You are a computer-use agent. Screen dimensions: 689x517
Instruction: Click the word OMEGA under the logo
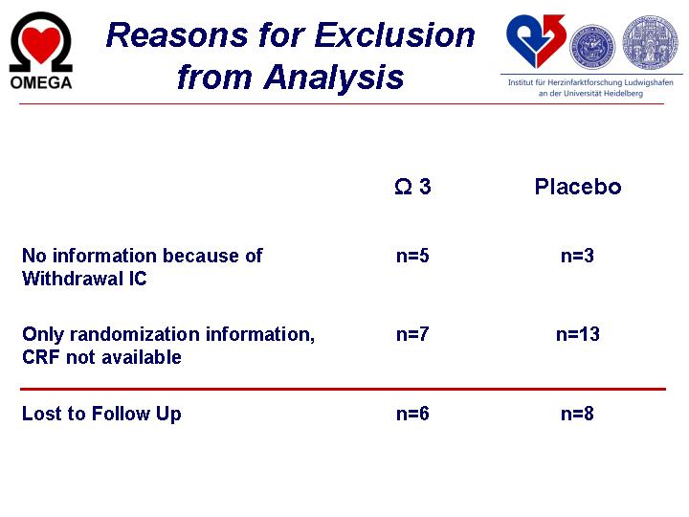41,82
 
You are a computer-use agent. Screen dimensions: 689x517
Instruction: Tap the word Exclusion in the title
394,35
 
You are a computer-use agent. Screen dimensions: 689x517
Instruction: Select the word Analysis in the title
334,78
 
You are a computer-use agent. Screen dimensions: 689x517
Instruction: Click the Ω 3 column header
412,187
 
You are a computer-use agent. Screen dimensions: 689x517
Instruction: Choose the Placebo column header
578,187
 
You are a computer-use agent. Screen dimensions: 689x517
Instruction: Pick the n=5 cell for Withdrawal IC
412,256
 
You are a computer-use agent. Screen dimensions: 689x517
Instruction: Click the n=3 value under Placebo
577,256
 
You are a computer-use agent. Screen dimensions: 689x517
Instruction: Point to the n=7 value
412,334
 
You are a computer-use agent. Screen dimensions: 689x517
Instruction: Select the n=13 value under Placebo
578,334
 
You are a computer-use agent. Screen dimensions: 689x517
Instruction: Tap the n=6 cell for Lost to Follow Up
412,414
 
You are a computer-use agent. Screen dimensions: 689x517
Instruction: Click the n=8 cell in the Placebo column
577,414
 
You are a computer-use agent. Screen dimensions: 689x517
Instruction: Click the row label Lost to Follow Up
101,415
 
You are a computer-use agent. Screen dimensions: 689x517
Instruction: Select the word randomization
136,334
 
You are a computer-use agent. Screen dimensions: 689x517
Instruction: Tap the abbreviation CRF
41,357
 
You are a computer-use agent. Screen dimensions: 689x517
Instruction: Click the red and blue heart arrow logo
535,41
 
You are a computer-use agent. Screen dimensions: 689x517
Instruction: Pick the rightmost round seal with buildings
650,42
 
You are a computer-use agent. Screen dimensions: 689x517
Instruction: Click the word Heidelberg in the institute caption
623,93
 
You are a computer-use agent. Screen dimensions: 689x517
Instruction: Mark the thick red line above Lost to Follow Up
343,389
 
